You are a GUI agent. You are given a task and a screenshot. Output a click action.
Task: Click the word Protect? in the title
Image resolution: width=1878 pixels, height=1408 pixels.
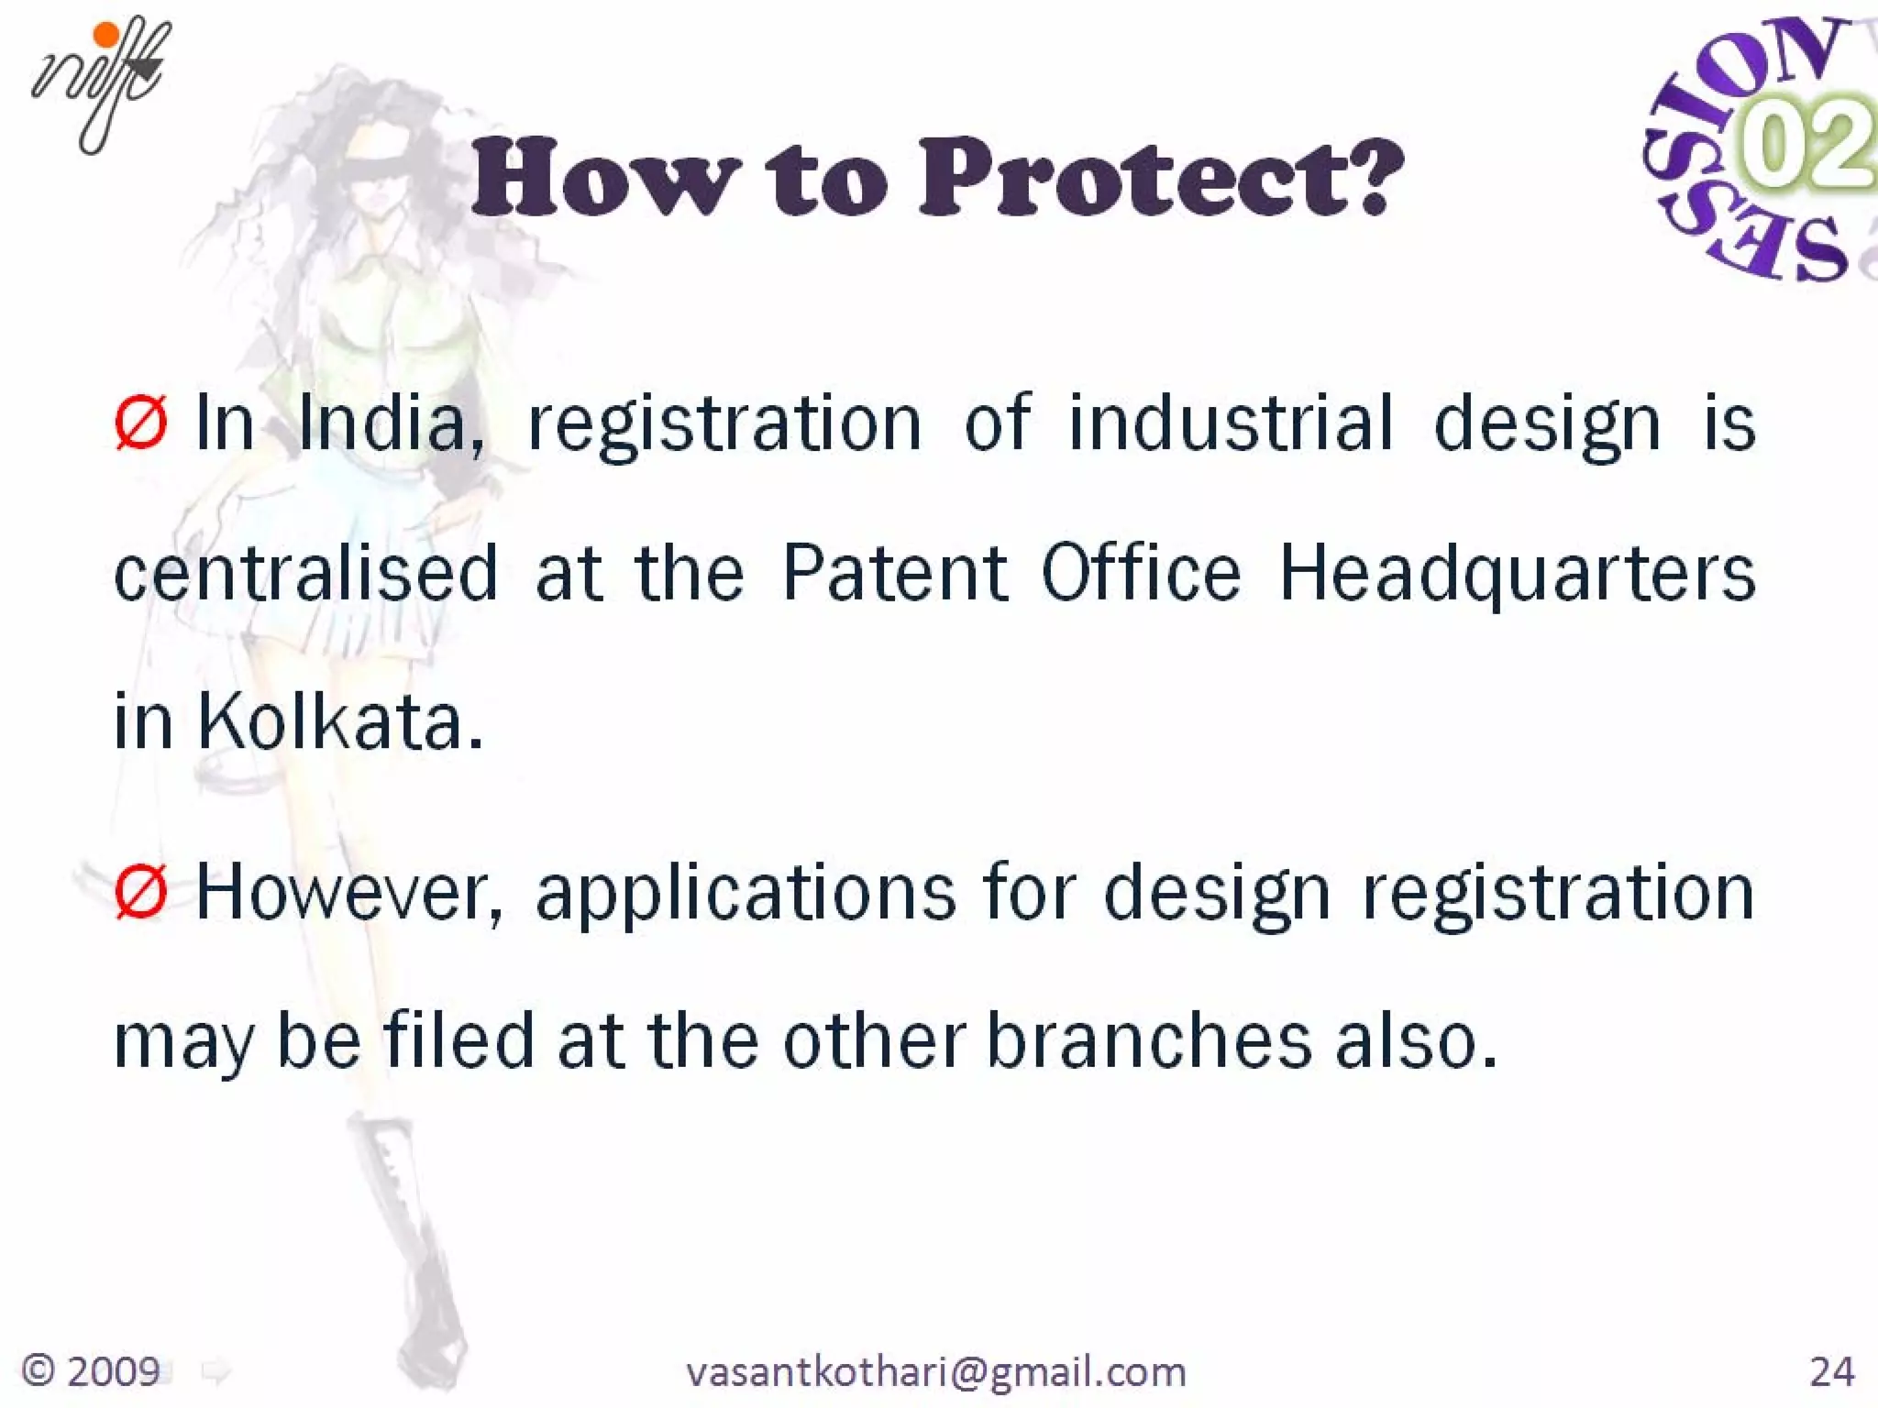coord(1161,178)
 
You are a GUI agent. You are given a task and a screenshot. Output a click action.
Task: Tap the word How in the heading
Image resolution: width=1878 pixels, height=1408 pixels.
coord(605,178)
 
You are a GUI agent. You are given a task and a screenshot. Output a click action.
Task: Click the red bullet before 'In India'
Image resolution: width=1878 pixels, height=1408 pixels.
coord(140,423)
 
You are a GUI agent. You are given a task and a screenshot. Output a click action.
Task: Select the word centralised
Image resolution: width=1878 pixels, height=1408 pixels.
coord(305,574)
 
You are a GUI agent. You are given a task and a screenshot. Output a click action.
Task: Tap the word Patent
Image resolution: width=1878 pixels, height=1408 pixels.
coord(895,574)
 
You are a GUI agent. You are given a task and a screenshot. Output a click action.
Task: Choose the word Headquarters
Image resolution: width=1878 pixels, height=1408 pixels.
coord(1517,574)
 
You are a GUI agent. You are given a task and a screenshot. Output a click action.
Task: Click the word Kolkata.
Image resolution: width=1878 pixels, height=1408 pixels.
coord(339,722)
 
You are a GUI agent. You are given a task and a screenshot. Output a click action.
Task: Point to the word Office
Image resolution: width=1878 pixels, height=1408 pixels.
coord(1141,574)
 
